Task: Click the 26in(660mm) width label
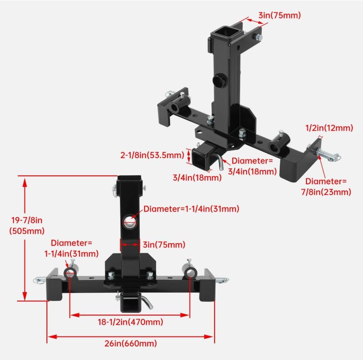click(x=131, y=344)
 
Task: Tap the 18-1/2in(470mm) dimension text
click(x=129, y=322)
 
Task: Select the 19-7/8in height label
click(x=27, y=221)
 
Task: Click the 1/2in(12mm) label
click(x=329, y=128)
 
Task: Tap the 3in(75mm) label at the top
click(x=279, y=15)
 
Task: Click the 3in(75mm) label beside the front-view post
click(x=163, y=245)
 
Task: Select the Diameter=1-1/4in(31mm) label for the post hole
click(x=191, y=209)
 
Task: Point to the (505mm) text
click(x=27, y=231)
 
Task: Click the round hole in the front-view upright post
click(x=130, y=222)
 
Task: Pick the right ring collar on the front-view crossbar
click(x=189, y=273)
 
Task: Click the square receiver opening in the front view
click(x=129, y=304)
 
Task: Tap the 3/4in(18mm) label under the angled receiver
click(x=197, y=178)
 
